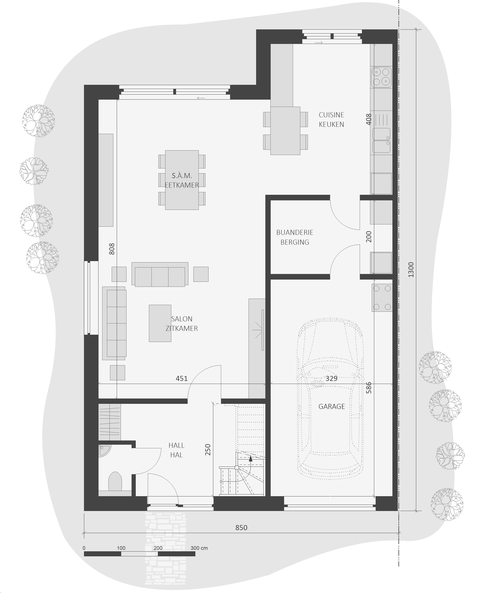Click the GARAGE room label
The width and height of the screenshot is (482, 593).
[x=331, y=406]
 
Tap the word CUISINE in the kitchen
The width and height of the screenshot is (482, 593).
[x=331, y=115]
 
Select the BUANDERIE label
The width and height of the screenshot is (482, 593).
[x=295, y=232]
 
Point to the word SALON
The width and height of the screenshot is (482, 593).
[x=182, y=319]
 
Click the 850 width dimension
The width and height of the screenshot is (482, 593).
[x=241, y=528]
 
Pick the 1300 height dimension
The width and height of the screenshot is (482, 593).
[x=411, y=269]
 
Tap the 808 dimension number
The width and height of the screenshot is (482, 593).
[x=112, y=249]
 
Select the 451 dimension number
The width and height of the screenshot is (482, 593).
[x=181, y=378]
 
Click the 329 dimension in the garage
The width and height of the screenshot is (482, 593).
[x=331, y=378]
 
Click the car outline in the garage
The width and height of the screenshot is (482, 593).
[x=330, y=399]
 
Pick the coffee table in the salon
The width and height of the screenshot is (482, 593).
[x=160, y=323]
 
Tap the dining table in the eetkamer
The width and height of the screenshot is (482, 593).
[x=182, y=180]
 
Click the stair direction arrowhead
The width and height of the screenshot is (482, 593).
[x=251, y=458]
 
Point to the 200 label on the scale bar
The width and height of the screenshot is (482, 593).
[x=158, y=548]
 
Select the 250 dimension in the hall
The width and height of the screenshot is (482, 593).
[x=208, y=450]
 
